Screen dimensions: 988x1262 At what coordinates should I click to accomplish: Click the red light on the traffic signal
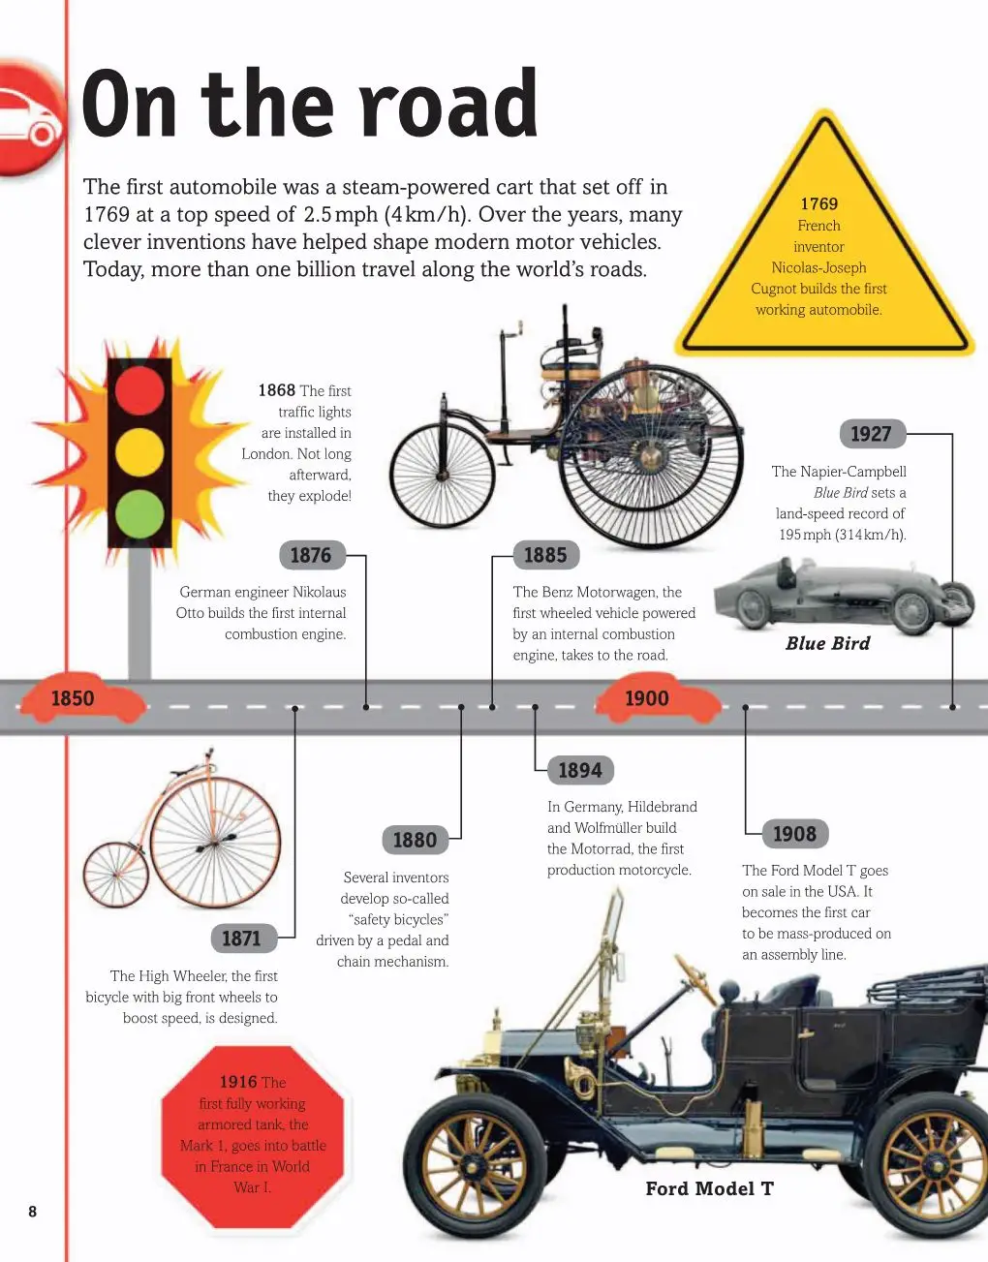point(139,389)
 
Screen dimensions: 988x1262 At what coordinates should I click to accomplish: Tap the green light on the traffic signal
point(139,514)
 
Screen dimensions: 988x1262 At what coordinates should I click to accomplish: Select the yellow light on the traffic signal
point(139,452)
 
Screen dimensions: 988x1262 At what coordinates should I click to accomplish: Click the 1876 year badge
point(313,555)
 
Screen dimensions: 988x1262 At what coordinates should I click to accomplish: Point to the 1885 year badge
point(546,555)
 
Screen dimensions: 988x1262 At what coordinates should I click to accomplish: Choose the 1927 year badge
point(873,434)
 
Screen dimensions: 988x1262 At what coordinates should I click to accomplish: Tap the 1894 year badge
point(580,770)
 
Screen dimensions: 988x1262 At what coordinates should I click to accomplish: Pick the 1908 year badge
point(795,834)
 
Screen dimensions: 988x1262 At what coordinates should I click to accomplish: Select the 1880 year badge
point(416,840)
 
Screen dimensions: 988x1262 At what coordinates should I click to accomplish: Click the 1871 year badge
point(243,938)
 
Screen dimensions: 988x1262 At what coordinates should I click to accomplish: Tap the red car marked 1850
point(81,697)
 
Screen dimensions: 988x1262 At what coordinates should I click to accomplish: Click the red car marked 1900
point(658,697)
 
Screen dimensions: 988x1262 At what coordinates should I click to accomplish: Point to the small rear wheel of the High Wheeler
point(116,875)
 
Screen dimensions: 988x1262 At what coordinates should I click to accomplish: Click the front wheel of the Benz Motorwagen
point(443,476)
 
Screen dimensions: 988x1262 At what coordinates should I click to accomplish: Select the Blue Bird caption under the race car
point(827,643)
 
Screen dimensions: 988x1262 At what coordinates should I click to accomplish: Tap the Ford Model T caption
point(710,1188)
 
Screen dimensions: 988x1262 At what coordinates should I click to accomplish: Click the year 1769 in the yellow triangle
point(819,203)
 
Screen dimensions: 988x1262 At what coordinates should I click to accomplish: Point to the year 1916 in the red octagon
point(238,1082)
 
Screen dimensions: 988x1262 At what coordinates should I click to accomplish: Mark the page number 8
point(33,1211)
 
